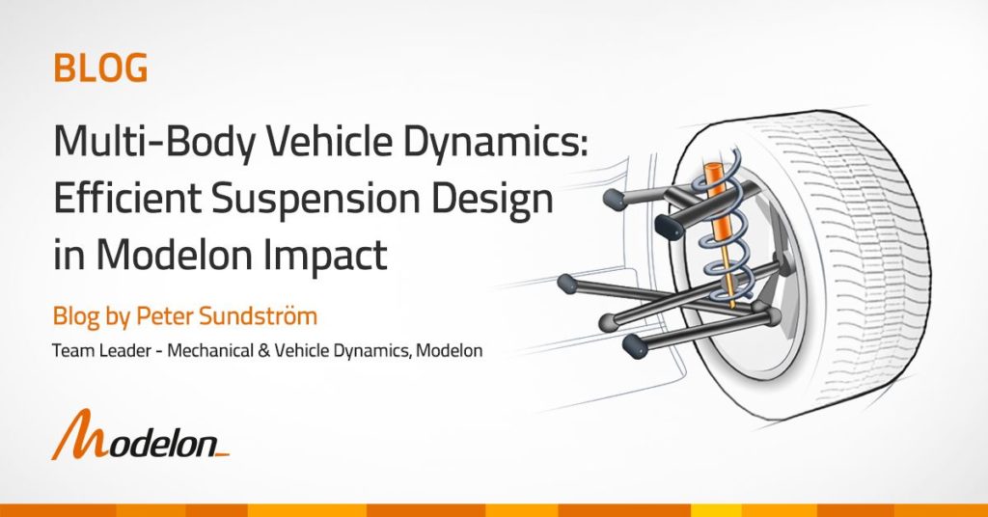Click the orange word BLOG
[100, 68]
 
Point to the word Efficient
[126, 199]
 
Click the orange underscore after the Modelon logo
[221, 453]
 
